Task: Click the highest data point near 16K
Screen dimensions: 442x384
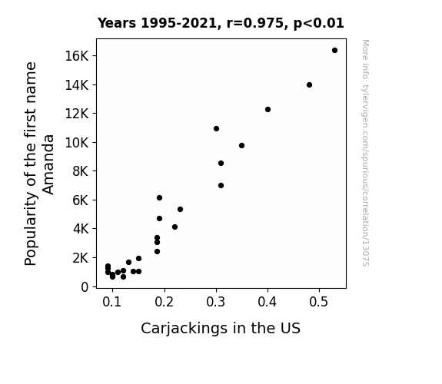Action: (x=334, y=51)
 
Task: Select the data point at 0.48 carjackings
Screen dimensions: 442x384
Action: (x=309, y=84)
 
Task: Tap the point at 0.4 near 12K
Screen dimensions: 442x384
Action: (x=268, y=109)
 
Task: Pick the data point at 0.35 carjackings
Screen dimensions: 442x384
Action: (x=241, y=145)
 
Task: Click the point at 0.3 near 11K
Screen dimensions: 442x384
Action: (x=216, y=128)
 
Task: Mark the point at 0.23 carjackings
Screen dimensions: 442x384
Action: (x=180, y=209)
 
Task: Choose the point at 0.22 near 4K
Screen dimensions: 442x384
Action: (x=174, y=227)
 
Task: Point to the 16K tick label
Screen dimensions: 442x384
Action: (x=77, y=56)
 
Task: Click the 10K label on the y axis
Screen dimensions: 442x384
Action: (x=77, y=143)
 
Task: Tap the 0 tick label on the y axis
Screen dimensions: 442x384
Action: (x=85, y=287)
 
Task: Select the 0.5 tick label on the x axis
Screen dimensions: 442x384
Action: (x=319, y=302)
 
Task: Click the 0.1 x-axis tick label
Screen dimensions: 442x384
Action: (x=112, y=302)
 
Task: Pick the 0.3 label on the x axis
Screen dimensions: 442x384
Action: (x=216, y=302)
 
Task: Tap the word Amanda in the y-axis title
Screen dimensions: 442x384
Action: (x=48, y=164)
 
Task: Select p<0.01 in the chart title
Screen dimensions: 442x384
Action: (x=319, y=23)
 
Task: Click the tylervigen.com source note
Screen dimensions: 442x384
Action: (x=365, y=153)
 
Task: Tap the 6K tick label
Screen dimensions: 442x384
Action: (x=81, y=200)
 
